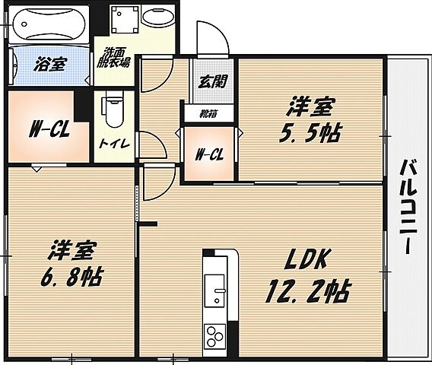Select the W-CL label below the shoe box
[x=209, y=155]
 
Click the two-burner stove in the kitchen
[x=214, y=335]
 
